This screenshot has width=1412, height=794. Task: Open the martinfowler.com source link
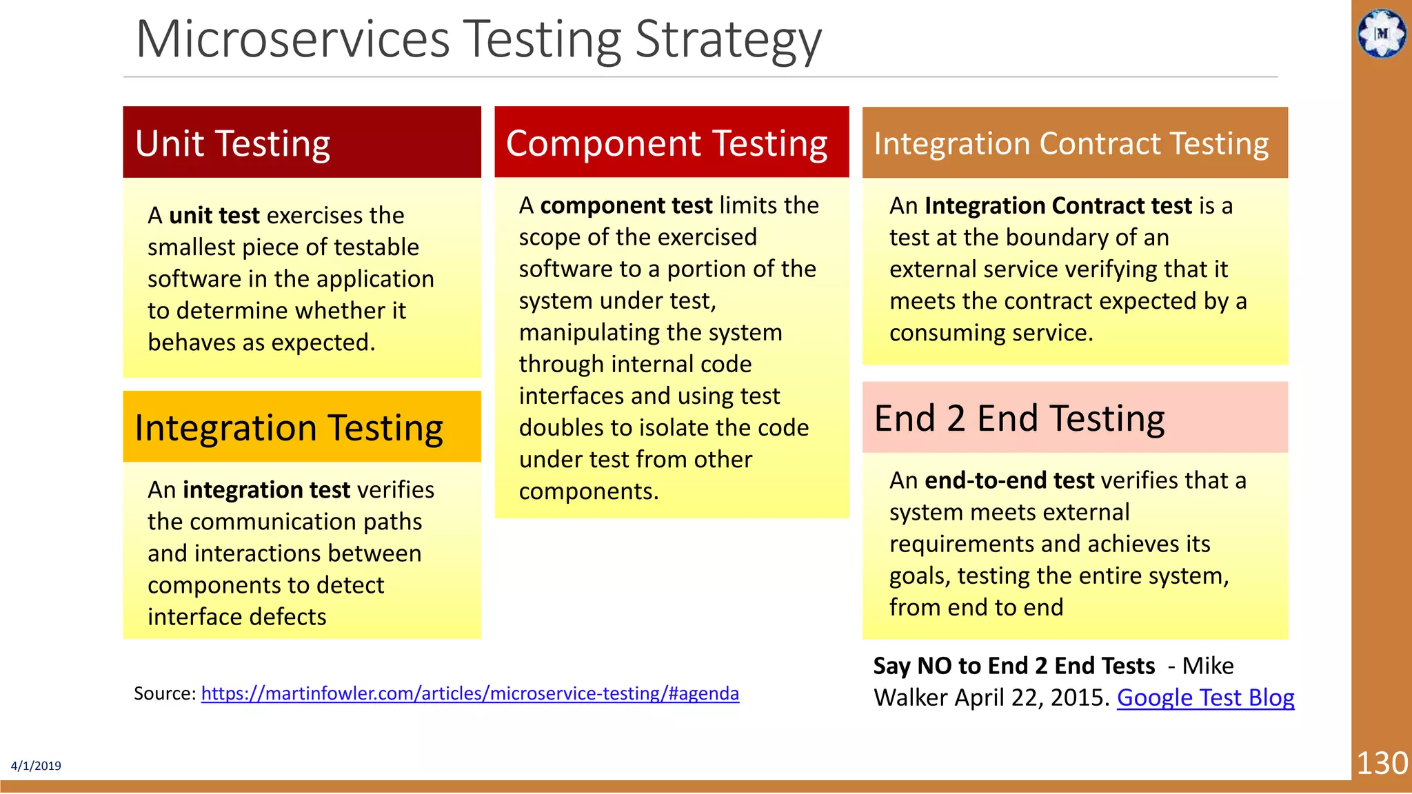[470, 693]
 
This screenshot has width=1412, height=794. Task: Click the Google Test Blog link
[1205, 698]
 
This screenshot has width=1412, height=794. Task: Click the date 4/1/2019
[36, 766]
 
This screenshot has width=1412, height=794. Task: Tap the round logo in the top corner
[1382, 33]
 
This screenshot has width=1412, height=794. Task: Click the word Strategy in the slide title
[728, 39]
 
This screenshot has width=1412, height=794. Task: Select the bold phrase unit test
[214, 216]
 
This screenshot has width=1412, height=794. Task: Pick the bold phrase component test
[626, 205]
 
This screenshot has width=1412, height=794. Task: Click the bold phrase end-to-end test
[1009, 480]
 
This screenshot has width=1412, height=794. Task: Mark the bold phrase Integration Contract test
[1058, 206]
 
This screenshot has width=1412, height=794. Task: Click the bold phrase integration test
[266, 490]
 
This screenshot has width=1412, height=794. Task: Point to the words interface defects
[236, 617]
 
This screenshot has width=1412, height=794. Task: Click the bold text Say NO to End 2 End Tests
[1013, 666]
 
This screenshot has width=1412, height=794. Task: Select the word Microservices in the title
[293, 39]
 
